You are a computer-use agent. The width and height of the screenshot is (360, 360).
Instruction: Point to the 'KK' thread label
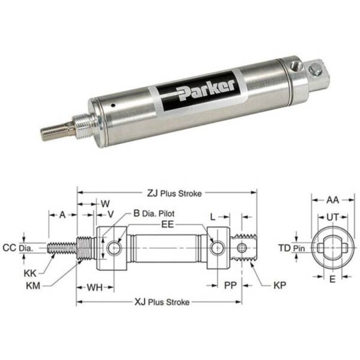click(30, 274)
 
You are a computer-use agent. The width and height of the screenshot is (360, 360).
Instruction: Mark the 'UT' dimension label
click(333, 217)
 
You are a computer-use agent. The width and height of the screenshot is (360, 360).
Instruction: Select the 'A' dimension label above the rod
click(62, 215)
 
